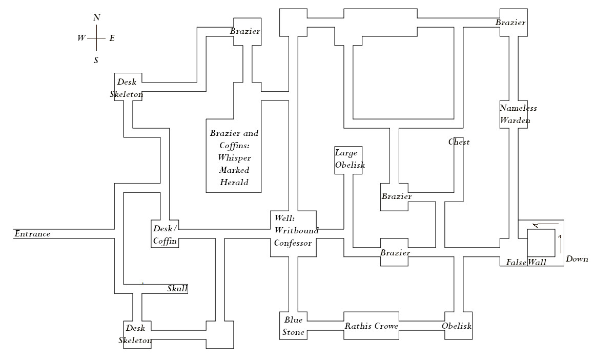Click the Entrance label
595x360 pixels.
coord(32,234)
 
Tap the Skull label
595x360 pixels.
coord(177,289)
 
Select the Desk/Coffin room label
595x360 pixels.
coord(165,234)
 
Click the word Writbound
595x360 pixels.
coord(297,231)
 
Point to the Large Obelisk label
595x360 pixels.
coord(350,158)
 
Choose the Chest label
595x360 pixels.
coord(459,142)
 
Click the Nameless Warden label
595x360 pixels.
coord(518,114)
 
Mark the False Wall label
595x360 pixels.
coord(526,263)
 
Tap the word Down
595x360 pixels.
coord(577,259)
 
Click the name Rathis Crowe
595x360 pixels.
coord(372,326)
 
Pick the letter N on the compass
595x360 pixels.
coord(97,18)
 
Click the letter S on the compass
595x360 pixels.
coord(96,61)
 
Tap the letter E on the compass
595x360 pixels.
coord(112,38)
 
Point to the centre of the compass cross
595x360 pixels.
coord(96,38)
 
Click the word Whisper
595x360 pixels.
coord(234,158)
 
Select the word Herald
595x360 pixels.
coord(234,183)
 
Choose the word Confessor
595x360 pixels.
coord(293,243)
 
